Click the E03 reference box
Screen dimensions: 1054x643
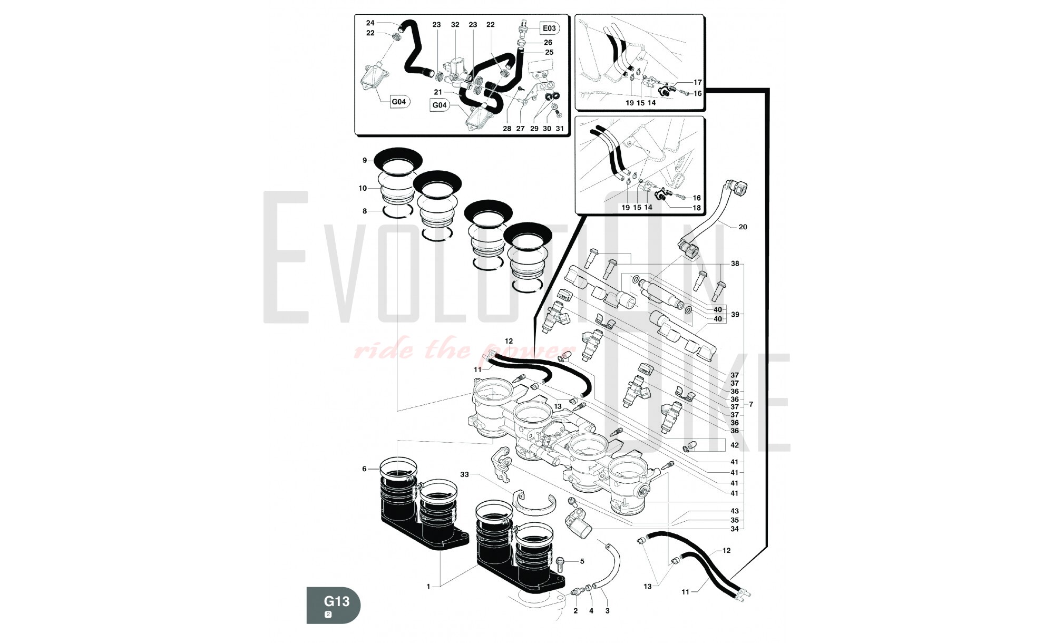pyautogui.click(x=549, y=28)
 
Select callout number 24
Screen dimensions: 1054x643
pyautogui.click(x=370, y=23)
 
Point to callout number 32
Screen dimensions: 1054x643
pyautogui.click(x=455, y=25)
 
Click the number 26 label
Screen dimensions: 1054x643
pyautogui.click(x=548, y=43)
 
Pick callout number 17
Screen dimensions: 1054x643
pyautogui.click(x=698, y=82)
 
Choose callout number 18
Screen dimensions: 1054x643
pyautogui.click(x=697, y=208)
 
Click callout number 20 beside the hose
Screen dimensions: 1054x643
pyautogui.click(x=743, y=227)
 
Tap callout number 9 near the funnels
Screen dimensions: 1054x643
pyautogui.click(x=365, y=160)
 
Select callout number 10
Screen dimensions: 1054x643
pyautogui.click(x=363, y=188)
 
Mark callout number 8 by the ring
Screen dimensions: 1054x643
pyautogui.click(x=365, y=211)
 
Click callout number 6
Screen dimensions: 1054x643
pyautogui.click(x=364, y=469)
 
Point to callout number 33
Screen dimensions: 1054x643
pyautogui.click(x=464, y=474)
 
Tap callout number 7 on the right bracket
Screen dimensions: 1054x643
pyautogui.click(x=751, y=405)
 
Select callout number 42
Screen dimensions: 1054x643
pyautogui.click(x=735, y=445)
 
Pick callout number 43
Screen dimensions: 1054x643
pyautogui.click(x=735, y=511)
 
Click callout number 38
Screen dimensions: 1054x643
pyautogui.click(x=735, y=264)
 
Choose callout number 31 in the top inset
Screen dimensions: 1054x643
pyautogui.click(x=560, y=129)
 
